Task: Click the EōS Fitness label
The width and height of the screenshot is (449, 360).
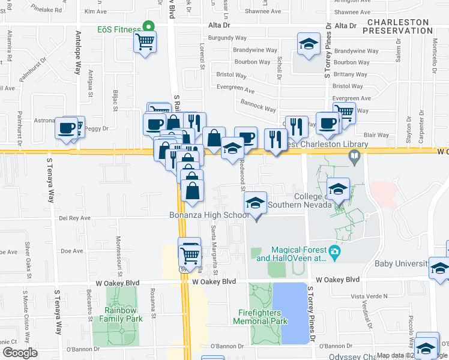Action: [119, 29]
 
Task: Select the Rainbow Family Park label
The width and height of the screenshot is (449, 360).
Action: [124, 314]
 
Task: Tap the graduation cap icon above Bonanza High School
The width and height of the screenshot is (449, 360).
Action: [256, 205]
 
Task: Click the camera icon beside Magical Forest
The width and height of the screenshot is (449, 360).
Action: [334, 250]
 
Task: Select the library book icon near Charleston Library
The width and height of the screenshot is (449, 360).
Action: [355, 157]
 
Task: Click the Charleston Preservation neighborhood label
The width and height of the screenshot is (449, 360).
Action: [397, 26]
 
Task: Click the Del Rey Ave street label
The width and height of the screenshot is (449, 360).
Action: [75, 218]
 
